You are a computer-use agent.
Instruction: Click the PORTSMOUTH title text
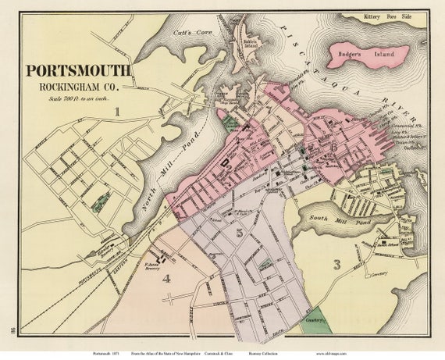point(79,70)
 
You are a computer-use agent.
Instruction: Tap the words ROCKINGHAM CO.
point(77,85)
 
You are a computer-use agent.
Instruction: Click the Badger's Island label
point(368,55)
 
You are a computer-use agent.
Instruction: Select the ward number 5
point(240,233)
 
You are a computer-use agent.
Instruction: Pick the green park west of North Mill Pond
point(101,202)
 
